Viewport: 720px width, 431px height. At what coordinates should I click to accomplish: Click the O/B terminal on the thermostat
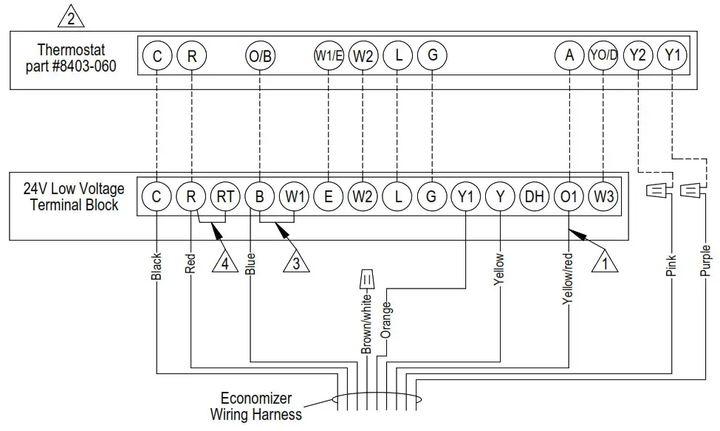(x=260, y=56)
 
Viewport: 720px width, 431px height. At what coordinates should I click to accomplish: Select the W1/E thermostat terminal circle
(x=329, y=56)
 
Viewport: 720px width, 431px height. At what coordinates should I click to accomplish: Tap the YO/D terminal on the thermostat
(x=603, y=56)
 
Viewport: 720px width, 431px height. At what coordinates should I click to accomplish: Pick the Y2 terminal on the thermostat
(x=637, y=56)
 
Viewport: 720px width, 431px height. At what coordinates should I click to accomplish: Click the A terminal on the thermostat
(x=569, y=56)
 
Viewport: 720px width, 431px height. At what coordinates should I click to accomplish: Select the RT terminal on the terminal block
(x=224, y=197)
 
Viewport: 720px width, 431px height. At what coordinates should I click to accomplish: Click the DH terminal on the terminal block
(x=534, y=197)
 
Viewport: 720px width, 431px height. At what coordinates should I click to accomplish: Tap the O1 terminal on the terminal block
(x=569, y=197)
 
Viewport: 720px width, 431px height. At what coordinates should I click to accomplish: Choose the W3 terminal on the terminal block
(x=603, y=197)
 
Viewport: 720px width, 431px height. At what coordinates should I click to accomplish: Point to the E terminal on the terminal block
(x=328, y=197)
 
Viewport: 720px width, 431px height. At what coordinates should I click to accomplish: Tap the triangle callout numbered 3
(x=295, y=263)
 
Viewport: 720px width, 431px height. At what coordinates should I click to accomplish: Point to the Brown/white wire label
(x=366, y=322)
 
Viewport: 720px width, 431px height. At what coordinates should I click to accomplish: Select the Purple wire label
(x=705, y=261)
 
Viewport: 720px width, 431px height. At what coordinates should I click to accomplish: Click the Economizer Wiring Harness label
(x=256, y=406)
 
